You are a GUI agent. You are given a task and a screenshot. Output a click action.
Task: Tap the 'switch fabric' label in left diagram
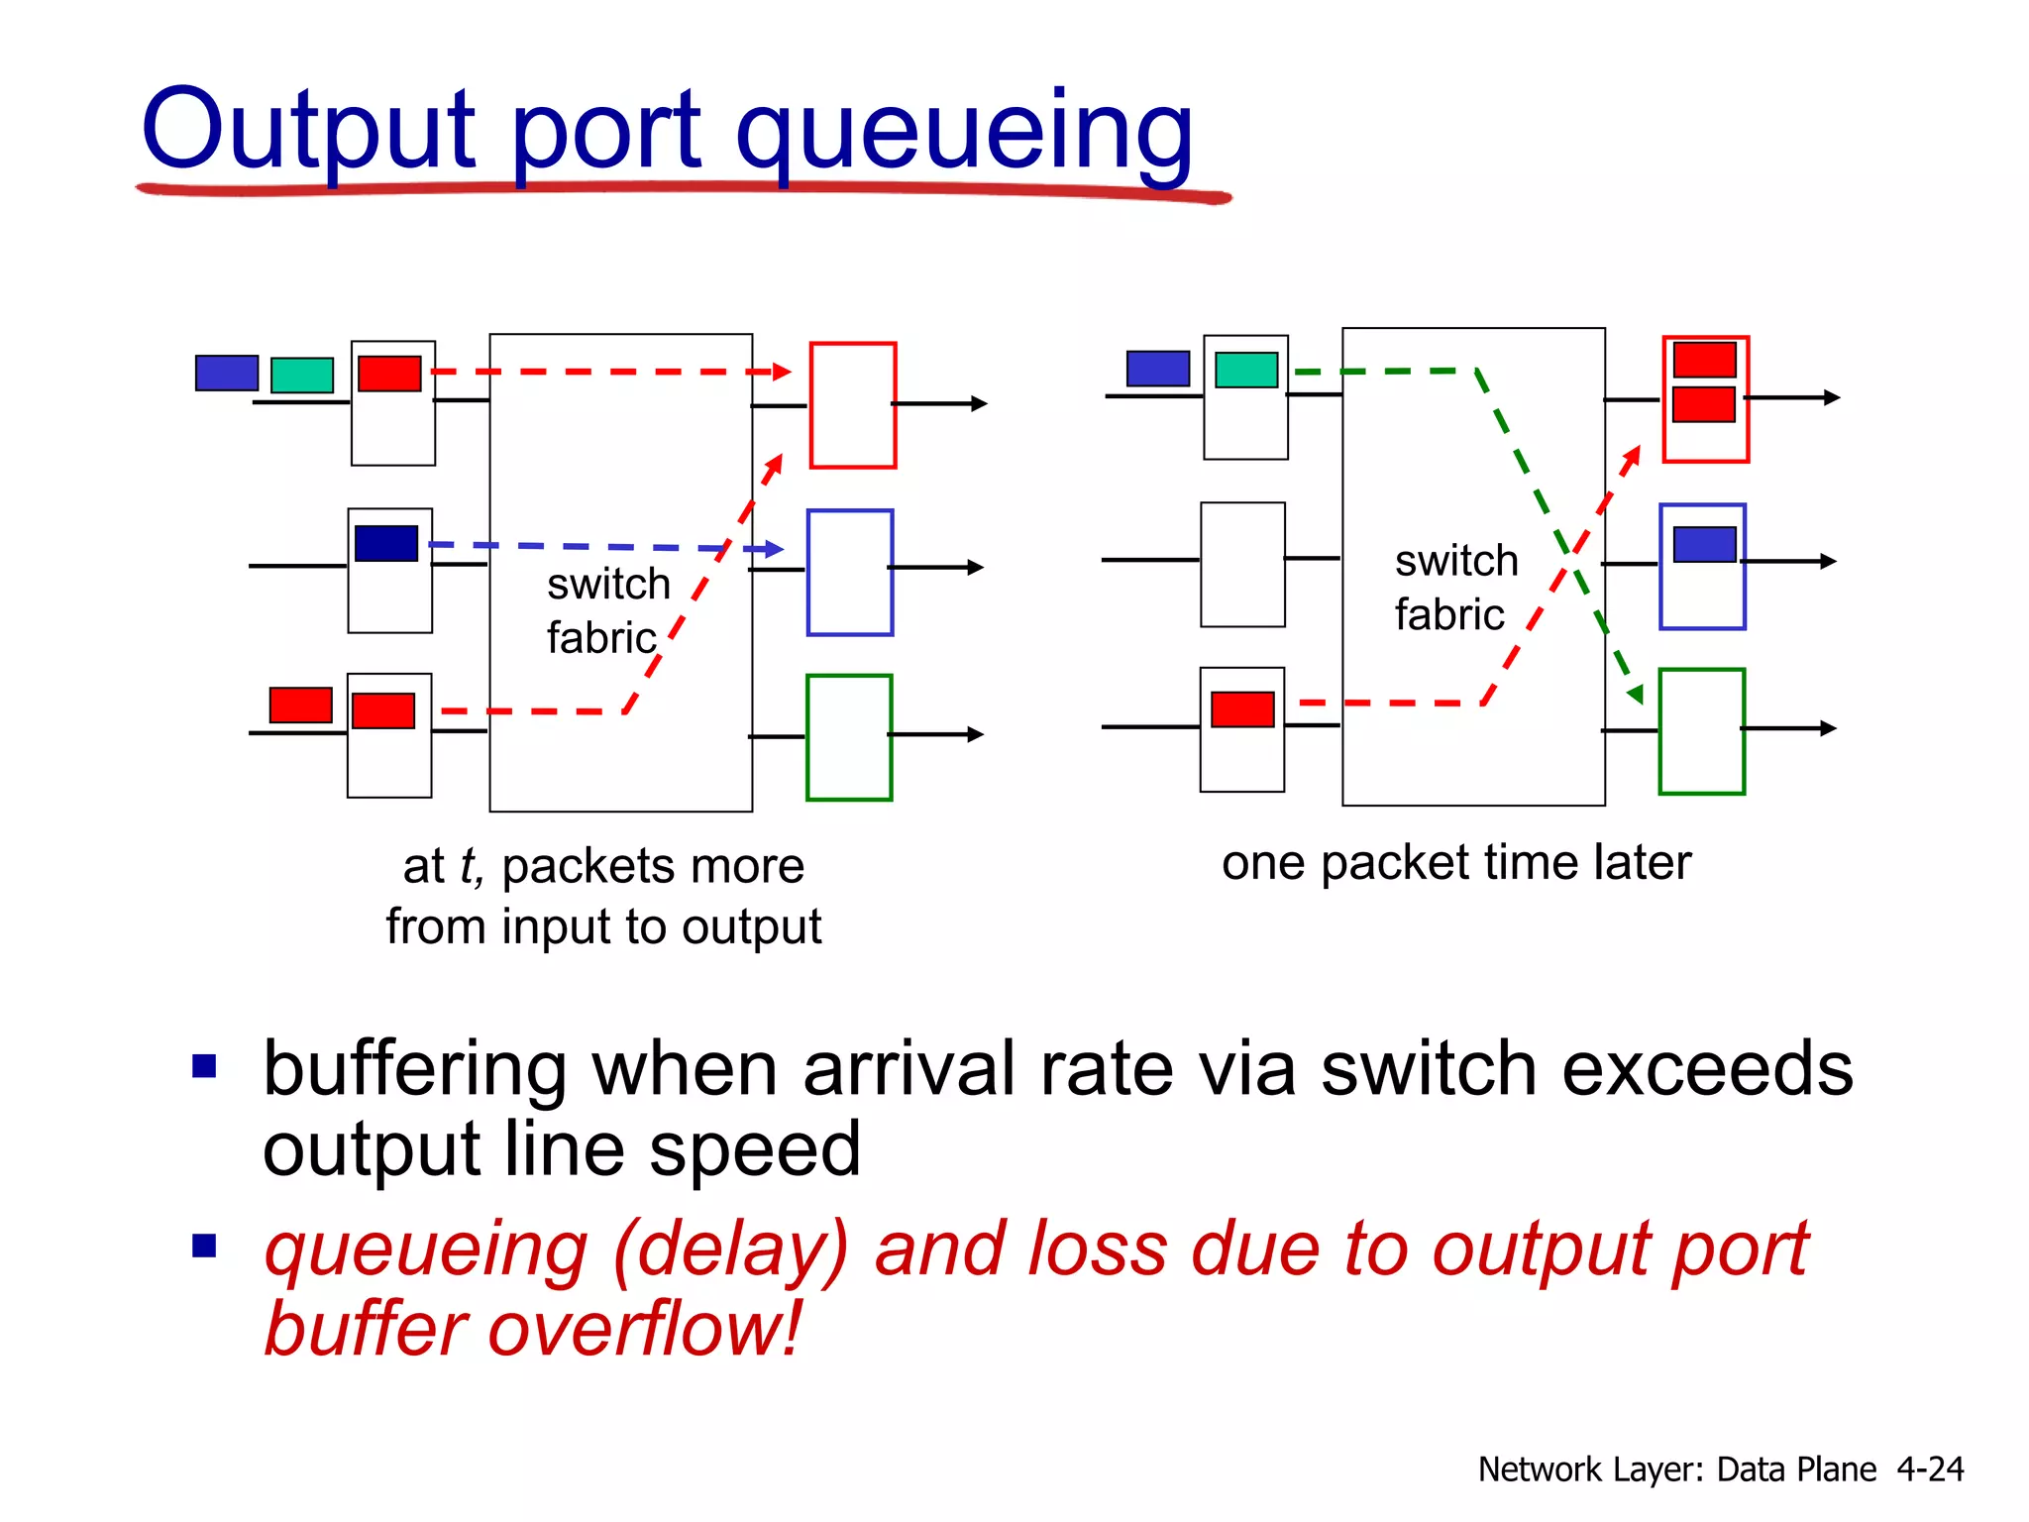pos(607,610)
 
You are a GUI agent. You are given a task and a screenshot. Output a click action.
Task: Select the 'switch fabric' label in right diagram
pos(1455,588)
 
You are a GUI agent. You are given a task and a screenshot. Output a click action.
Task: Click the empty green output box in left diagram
pos(849,737)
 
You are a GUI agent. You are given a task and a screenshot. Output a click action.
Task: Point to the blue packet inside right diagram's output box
pos(1704,544)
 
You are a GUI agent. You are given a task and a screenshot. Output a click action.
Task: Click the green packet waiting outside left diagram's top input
pos(302,376)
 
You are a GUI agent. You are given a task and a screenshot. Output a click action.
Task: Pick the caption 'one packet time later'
pos(1455,862)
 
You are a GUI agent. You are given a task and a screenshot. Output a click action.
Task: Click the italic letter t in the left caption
pos(469,866)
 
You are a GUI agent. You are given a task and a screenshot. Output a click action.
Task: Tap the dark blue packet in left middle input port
pos(386,543)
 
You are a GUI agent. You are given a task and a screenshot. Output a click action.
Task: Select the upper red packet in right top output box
pos(1704,360)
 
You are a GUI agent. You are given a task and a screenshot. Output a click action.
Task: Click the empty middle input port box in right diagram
pos(1242,565)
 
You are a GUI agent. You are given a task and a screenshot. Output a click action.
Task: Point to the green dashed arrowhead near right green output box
pos(1636,694)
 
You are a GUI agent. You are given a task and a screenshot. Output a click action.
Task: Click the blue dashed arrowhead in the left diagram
pos(775,548)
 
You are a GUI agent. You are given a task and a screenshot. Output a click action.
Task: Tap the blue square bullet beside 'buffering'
pos(204,1066)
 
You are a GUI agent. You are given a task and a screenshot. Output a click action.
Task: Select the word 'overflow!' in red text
pos(644,1329)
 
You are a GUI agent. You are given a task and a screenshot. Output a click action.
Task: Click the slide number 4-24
pos(1929,1468)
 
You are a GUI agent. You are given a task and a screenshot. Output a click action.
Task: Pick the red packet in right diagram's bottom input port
pos(1242,709)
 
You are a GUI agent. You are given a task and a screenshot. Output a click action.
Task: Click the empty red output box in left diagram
pos(852,405)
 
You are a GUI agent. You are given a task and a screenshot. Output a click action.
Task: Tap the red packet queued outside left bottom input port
pos(301,705)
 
